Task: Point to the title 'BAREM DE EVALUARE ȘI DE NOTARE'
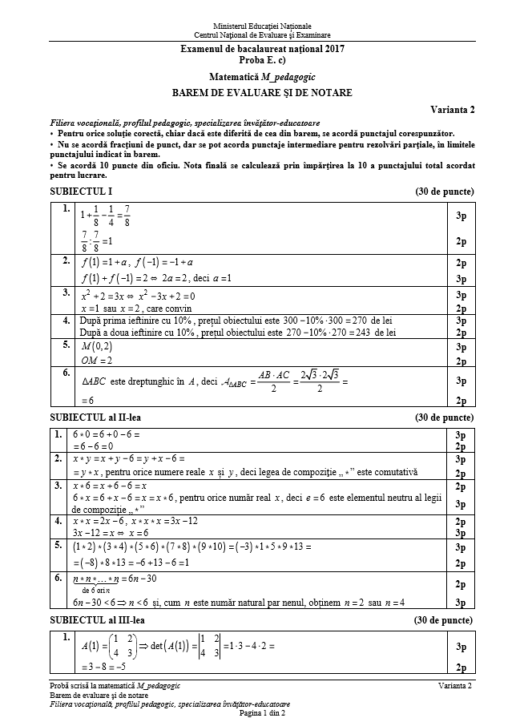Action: (x=262, y=93)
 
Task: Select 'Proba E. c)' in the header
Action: (x=261, y=60)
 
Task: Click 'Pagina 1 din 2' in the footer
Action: (x=261, y=713)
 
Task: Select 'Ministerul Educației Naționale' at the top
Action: (x=262, y=26)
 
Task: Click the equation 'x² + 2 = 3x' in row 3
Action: (x=107, y=295)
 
